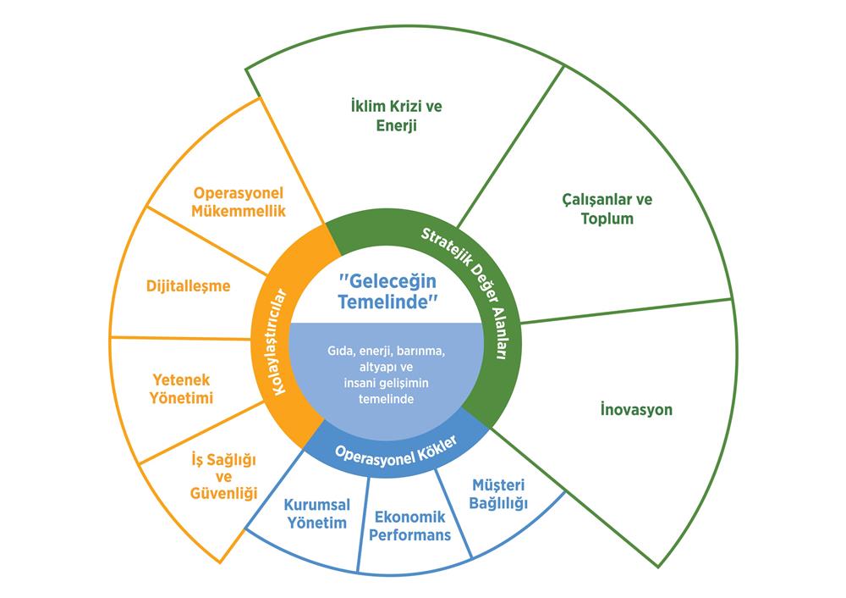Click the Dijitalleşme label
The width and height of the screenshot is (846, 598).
click(200, 285)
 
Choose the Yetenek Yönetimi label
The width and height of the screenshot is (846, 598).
click(182, 388)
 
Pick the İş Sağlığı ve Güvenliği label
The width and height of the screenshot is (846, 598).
click(219, 476)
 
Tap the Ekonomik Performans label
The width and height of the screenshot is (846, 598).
click(409, 526)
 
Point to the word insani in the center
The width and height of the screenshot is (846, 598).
click(348, 383)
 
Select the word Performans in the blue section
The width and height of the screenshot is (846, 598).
click(409, 535)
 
